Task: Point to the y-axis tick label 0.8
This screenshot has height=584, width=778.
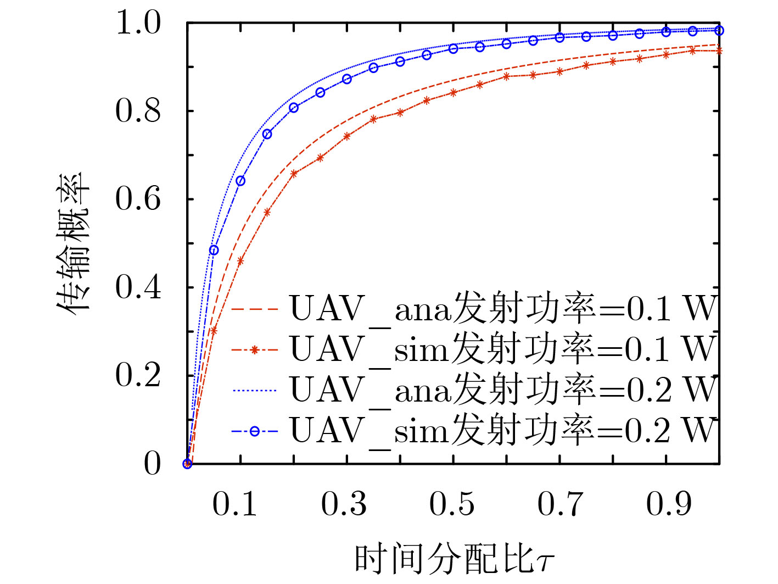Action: point(138,111)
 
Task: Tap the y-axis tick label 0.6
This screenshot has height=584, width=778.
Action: point(138,199)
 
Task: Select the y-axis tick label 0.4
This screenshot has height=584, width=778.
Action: point(138,287)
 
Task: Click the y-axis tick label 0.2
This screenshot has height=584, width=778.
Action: point(138,376)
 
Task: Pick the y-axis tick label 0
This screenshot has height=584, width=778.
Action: point(152,464)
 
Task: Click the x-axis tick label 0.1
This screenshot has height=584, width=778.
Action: point(235,504)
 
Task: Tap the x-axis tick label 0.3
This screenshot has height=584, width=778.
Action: point(344,504)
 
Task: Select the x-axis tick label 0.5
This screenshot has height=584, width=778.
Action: point(452,504)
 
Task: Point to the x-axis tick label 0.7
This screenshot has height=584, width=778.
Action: point(560,504)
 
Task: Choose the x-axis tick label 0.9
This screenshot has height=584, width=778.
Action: point(668,504)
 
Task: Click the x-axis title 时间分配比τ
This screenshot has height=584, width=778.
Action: point(455,559)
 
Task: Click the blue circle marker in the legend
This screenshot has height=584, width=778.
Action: point(254,431)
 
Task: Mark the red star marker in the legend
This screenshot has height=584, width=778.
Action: point(254,350)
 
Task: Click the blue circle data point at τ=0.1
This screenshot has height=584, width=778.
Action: point(240,181)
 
